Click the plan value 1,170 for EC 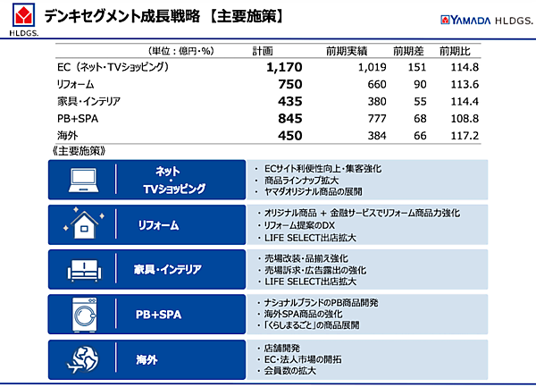(x=285, y=67)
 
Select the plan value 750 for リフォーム (x=290, y=84)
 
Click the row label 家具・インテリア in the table (x=88, y=101)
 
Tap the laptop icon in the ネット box (x=88, y=181)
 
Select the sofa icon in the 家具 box (x=88, y=269)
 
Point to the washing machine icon (x=88, y=314)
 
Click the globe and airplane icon (x=88, y=359)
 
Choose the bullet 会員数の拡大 (x=295, y=370)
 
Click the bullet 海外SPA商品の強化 (x=304, y=315)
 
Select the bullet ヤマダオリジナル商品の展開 (x=313, y=192)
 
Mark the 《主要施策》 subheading (x=79, y=150)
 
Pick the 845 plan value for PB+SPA (x=290, y=118)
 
